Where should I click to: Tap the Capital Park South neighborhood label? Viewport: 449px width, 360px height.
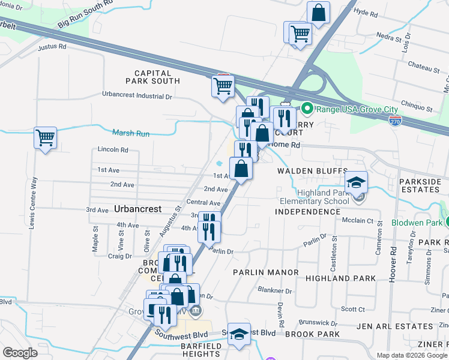point(152,77)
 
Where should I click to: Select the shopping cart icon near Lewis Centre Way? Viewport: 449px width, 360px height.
point(45,138)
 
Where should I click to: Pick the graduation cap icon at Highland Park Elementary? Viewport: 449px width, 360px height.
point(357,182)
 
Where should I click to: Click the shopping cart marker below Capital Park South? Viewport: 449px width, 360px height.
point(222,86)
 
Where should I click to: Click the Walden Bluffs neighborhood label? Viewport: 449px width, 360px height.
point(304,171)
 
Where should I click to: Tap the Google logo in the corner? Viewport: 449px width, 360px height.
point(20,353)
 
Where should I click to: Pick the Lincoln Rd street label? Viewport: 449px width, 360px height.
point(113,149)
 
